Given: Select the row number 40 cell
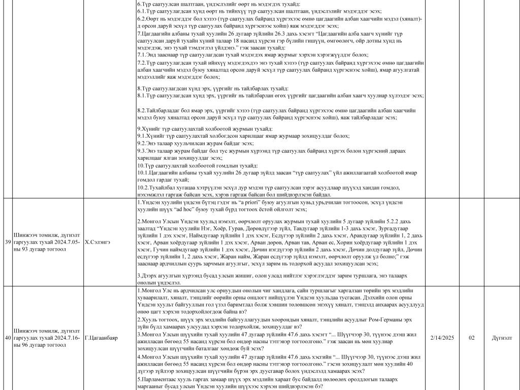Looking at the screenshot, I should [7, 337].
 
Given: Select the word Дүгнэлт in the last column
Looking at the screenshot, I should [502, 337].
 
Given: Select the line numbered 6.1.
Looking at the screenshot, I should [254, 11].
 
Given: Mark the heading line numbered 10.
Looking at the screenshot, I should [198, 166].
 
